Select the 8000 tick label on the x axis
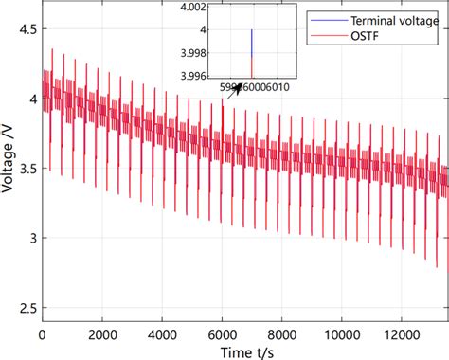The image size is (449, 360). pos(282,333)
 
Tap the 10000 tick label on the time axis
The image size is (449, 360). pos(342,333)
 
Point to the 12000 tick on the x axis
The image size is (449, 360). pos(402,333)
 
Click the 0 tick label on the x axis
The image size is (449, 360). pos(43,333)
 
